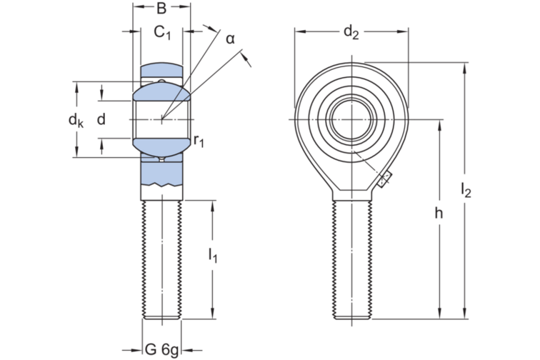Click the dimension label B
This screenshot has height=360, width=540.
coord(161,9)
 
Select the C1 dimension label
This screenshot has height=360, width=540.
coord(163,32)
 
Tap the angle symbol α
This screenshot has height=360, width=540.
coord(230,39)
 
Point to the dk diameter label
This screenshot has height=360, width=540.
coord(76,120)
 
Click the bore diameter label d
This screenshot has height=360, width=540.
coord(101,119)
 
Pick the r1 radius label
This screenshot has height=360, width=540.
coord(199,141)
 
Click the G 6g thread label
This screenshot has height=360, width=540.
coord(162,349)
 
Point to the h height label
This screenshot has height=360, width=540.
coord(439,214)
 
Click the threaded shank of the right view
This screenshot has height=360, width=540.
coord(351,257)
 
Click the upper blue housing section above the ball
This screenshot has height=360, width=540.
coord(161,72)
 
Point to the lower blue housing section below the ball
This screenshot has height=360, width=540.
coord(161,171)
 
